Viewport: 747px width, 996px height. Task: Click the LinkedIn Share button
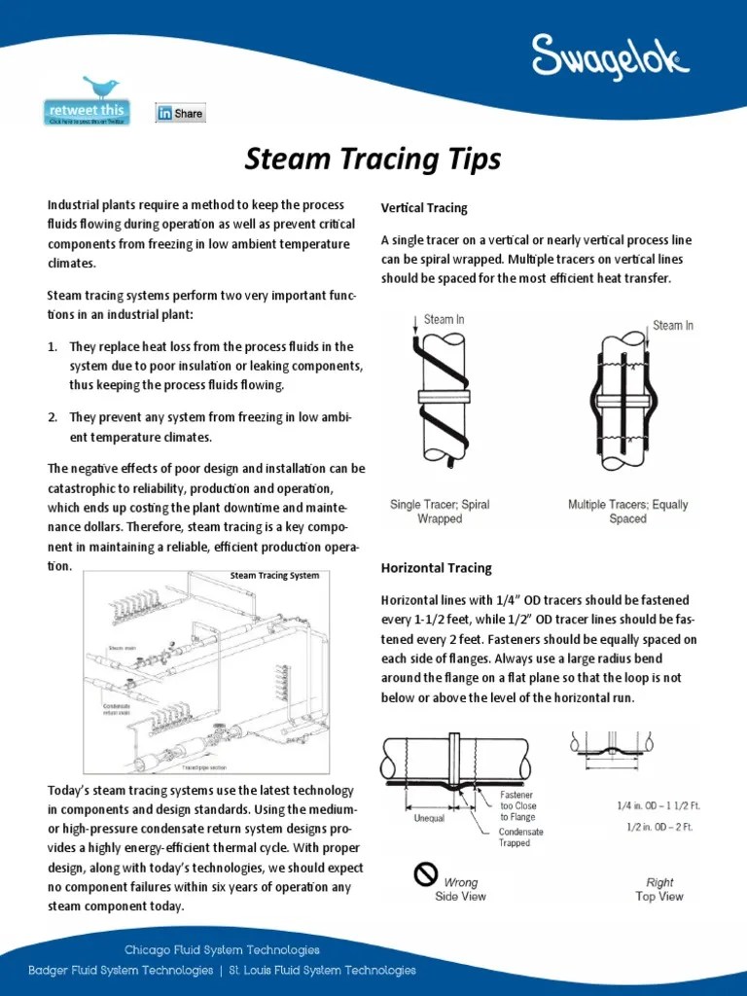[x=181, y=113]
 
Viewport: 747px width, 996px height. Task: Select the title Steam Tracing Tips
[x=373, y=159]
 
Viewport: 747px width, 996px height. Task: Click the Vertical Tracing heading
[x=424, y=208]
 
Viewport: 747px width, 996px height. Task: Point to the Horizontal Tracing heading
[x=436, y=568]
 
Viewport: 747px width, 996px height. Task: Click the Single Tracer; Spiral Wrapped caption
[x=440, y=512]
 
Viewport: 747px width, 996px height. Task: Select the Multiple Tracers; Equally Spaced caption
[x=627, y=512]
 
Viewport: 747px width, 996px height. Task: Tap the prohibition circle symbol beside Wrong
[x=425, y=874]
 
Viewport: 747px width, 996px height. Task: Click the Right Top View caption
[x=659, y=889]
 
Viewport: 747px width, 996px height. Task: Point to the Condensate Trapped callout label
[x=521, y=837]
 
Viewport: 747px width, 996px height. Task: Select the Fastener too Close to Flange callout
[x=516, y=806]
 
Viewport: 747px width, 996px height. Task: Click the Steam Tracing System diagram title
[x=274, y=576]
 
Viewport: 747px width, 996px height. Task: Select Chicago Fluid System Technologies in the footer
[x=222, y=949]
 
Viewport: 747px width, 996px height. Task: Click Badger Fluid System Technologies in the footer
[x=121, y=970]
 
